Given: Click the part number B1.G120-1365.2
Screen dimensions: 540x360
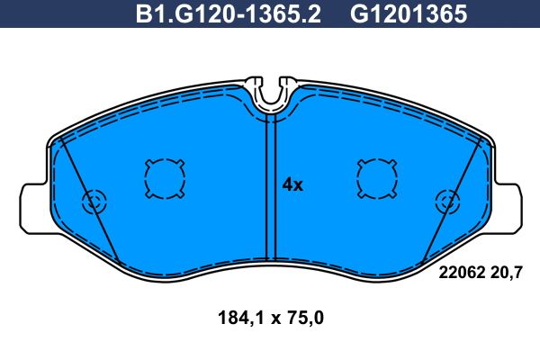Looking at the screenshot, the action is [228, 14].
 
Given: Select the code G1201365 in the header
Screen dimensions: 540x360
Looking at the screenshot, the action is [409, 14].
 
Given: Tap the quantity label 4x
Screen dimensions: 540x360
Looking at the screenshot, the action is [292, 185].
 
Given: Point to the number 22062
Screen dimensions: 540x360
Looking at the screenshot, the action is [462, 273].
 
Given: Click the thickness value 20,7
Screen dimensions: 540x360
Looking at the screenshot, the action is [506, 273].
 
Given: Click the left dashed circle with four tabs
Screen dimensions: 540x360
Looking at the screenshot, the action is [165, 179].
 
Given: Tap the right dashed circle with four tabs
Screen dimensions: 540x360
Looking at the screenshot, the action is [377, 179].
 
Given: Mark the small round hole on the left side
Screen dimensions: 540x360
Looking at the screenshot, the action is [94, 202].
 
